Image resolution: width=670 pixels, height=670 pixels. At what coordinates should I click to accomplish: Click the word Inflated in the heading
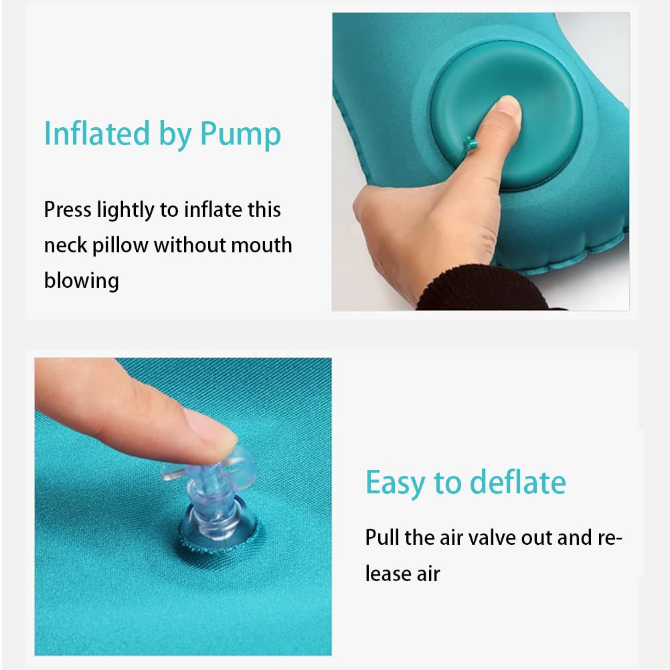97,133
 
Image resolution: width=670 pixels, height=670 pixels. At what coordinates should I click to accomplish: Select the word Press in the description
68,210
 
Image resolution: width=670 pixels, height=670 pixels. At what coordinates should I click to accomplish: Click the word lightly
126,210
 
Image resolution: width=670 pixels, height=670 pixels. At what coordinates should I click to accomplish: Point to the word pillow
120,246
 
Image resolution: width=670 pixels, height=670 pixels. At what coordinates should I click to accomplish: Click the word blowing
82,281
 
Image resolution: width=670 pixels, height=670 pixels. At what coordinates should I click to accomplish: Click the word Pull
382,537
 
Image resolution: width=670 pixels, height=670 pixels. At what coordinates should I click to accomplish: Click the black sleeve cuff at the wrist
479,288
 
